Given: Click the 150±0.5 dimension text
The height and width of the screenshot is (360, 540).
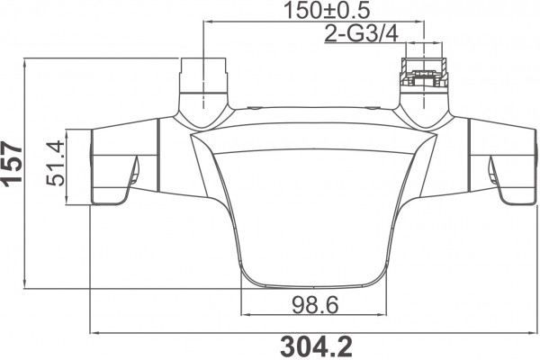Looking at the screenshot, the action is (x=327, y=10).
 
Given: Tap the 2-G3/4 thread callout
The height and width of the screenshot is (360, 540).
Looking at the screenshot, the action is (x=361, y=34).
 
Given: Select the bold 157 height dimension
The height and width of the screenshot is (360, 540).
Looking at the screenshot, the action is (x=13, y=163).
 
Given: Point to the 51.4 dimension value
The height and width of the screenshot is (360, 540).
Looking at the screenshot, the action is (x=55, y=163).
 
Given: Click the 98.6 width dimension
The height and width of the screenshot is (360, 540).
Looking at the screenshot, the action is (x=316, y=305).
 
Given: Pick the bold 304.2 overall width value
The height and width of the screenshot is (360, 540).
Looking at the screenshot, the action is (x=317, y=346).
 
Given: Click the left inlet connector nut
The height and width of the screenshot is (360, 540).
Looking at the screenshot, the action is (x=204, y=76).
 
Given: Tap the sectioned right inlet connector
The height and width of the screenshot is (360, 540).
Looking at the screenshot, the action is (x=424, y=76).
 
